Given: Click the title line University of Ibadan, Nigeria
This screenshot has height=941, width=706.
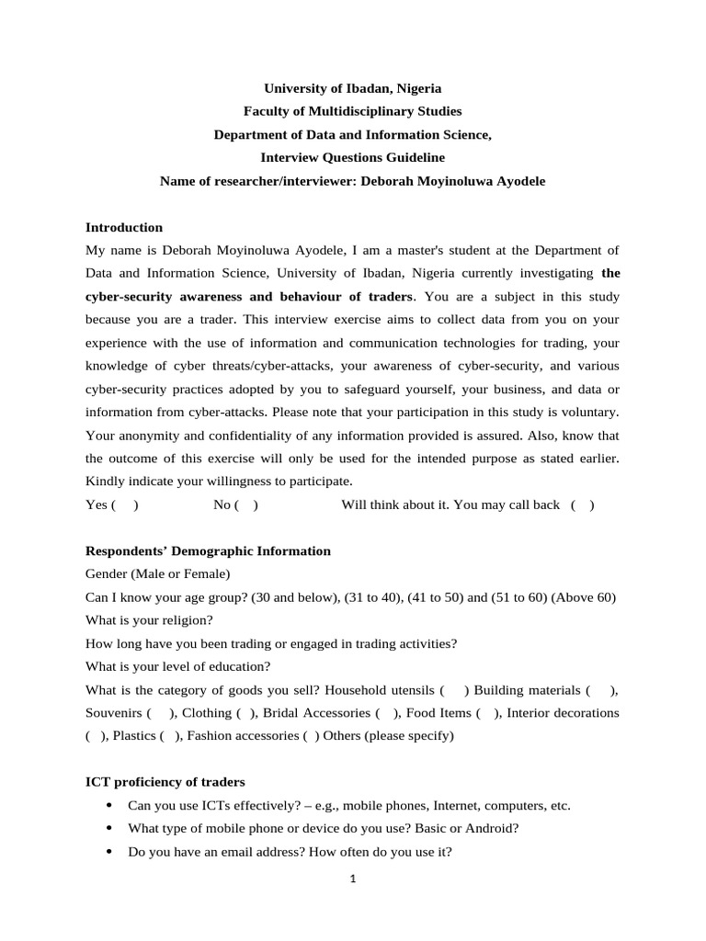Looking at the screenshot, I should click(x=353, y=88).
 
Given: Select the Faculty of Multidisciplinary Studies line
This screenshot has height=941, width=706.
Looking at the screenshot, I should click(x=353, y=111).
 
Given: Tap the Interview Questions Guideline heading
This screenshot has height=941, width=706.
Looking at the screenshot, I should click(x=353, y=158).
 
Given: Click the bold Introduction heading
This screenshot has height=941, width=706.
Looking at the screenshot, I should click(x=124, y=227).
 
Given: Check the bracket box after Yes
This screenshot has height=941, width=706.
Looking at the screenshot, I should click(x=125, y=505).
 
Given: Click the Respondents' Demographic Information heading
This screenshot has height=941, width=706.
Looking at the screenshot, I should click(x=208, y=551).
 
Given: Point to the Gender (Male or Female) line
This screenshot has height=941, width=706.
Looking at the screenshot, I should click(x=157, y=574).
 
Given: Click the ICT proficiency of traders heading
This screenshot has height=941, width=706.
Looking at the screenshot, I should click(x=165, y=782).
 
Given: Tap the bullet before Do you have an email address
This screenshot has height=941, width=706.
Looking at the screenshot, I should click(x=110, y=852).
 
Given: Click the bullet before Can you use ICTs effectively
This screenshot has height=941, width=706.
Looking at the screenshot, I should click(x=110, y=806).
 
